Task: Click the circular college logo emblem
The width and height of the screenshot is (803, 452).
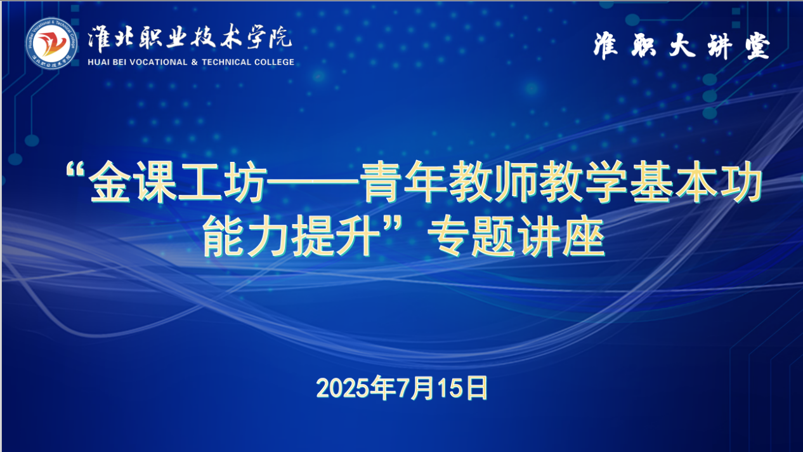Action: click(51, 43)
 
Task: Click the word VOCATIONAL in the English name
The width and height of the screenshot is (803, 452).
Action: click(159, 62)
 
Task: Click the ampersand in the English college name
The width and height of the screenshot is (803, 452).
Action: click(195, 62)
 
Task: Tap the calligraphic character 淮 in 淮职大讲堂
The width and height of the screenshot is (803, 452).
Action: click(606, 46)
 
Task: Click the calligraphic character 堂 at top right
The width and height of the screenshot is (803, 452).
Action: click(758, 46)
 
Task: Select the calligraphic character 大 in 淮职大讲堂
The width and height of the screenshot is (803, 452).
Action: click(682, 46)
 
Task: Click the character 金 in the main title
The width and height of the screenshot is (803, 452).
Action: click(110, 182)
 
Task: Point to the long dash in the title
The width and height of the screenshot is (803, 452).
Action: click(313, 182)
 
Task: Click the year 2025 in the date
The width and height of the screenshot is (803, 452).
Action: click(343, 388)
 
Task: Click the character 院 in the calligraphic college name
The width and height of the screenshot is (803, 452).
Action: click(280, 37)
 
